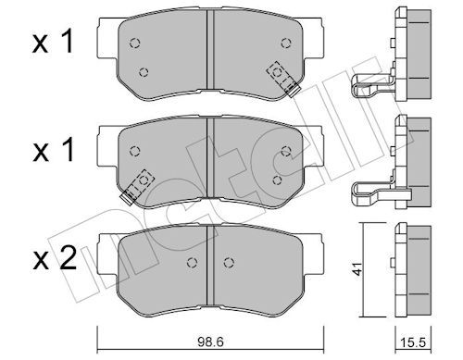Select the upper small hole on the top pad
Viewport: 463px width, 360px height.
click(x=135, y=42)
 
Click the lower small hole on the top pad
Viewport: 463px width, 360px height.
click(x=144, y=72)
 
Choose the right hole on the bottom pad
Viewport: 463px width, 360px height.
click(x=228, y=263)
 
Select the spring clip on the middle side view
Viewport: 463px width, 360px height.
click(x=370, y=192)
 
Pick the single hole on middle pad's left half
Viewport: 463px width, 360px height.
click(x=135, y=151)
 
